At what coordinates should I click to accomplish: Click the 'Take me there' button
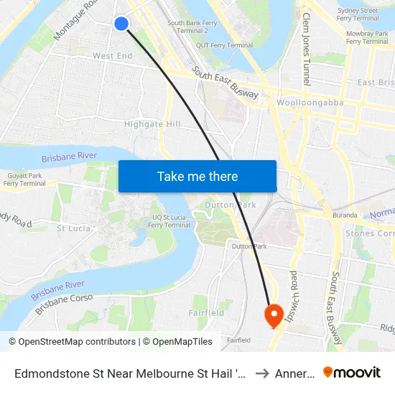[197, 176]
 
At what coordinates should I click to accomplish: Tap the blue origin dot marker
[121, 24]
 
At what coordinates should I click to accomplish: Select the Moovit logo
[352, 372]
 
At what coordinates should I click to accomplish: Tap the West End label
[112, 56]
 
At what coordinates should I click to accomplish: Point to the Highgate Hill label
[152, 124]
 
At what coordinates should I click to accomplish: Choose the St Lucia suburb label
[73, 228]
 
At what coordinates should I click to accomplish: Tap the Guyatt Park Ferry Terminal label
[24, 180]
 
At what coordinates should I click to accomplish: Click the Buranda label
[344, 215]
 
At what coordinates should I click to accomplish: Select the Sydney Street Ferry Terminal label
[357, 15]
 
